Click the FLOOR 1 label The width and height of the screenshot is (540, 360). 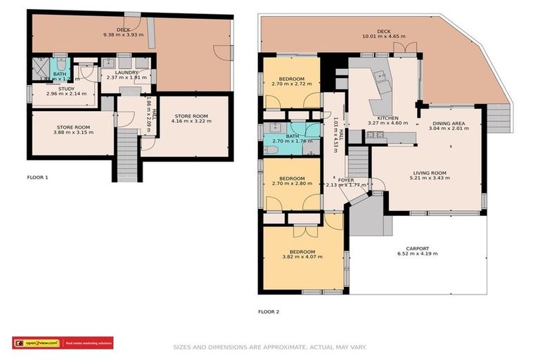click(37, 177)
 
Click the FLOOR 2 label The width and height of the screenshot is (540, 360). click(269, 311)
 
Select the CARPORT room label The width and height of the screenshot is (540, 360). click(417, 249)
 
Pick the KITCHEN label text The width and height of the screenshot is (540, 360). click(387, 118)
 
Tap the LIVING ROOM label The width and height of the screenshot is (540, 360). click(429, 172)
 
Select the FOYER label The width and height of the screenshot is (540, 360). click(345, 180)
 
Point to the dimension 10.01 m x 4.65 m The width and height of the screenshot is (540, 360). click(383, 37)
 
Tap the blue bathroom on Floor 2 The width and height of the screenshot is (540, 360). click(291, 137)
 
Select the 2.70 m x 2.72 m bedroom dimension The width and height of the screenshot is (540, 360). click(291, 84)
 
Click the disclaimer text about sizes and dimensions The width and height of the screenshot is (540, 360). click(269, 347)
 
